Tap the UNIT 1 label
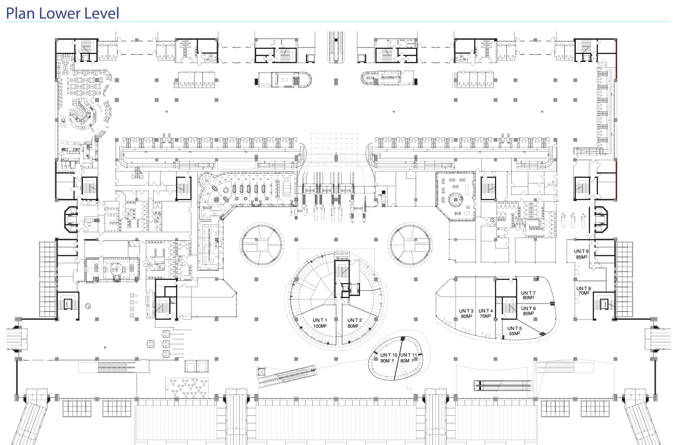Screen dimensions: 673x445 320,320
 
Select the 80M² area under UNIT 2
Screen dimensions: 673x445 353,326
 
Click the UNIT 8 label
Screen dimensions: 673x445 584,288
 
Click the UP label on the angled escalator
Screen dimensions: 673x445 313,370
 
